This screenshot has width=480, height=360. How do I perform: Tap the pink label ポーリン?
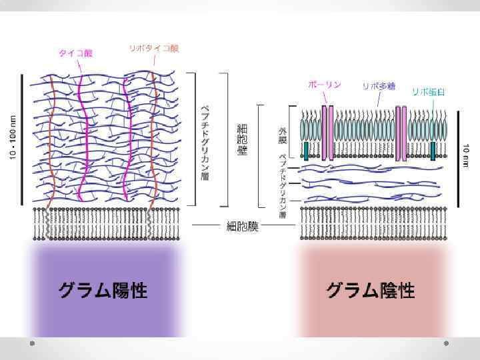click(325, 85)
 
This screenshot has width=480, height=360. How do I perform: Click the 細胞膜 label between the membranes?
click(241, 227)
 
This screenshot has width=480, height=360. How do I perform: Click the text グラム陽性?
click(103, 291)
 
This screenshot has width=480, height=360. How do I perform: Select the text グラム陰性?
click(371, 291)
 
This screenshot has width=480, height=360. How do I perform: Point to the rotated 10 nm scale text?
click(466, 151)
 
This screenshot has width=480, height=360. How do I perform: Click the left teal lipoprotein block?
click(306, 151)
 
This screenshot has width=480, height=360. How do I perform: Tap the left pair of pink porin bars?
click(327, 132)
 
